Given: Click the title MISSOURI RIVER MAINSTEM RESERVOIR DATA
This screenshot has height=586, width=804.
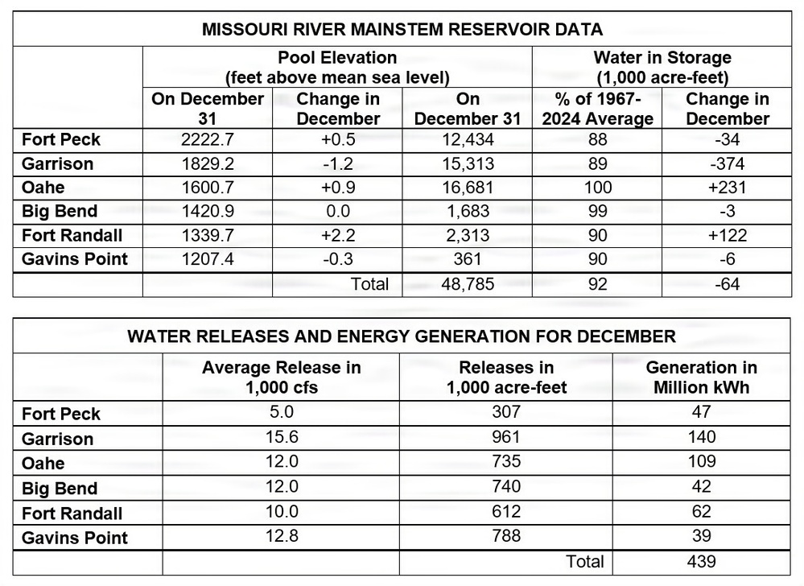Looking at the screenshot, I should tap(402, 31).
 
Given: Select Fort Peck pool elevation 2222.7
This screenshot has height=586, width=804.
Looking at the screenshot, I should tap(208, 140).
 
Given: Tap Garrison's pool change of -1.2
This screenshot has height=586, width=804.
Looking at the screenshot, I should tap(338, 164).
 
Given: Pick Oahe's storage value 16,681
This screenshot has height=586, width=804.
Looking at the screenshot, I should tap(467, 188).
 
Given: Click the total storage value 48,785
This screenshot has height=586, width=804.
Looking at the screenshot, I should tap(467, 284).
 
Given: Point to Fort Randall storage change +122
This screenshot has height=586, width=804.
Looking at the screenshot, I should tap(728, 236).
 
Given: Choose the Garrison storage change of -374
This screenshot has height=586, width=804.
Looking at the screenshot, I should tap(728, 164).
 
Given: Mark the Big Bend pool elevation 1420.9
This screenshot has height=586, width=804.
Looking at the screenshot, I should tap(208, 212).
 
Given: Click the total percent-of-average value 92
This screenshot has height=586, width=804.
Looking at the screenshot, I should tap(596, 284).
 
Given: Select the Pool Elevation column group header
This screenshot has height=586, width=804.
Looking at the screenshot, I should tap(337, 68).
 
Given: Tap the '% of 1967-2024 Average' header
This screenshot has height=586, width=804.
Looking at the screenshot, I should tap(596, 109).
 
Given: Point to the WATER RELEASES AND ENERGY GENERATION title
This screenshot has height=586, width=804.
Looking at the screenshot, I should tap(402, 336).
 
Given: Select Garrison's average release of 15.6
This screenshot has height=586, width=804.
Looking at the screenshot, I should tap(281, 439).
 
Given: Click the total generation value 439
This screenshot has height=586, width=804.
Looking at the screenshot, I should tap(701, 562).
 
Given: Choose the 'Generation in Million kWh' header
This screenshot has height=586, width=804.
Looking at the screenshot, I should tap(701, 377).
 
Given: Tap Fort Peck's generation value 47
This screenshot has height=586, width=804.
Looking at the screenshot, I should tap(701, 414).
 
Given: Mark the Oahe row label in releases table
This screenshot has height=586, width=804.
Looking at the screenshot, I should tap(43, 464).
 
